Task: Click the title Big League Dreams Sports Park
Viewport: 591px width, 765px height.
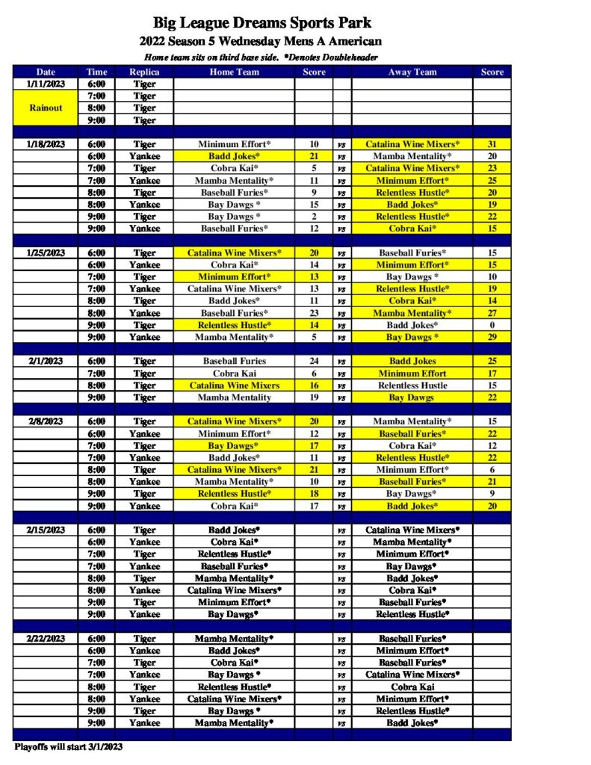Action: pyautogui.click(x=262, y=24)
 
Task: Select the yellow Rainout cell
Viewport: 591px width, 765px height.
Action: pyautogui.click(x=45, y=108)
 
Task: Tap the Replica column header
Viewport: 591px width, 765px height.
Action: pyautogui.click(x=144, y=72)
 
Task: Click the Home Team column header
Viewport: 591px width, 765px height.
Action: pyautogui.click(x=234, y=72)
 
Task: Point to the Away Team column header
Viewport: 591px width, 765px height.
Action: pyautogui.click(x=412, y=72)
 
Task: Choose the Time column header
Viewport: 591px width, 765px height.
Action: pyautogui.click(x=96, y=72)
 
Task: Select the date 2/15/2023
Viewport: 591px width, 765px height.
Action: pyautogui.click(x=45, y=530)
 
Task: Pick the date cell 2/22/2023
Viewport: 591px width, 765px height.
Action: pyautogui.click(x=45, y=639)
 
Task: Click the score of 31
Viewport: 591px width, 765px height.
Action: pyautogui.click(x=492, y=144)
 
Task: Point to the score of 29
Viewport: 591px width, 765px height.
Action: pyautogui.click(x=492, y=337)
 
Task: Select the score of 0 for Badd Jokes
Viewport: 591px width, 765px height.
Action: pyautogui.click(x=492, y=325)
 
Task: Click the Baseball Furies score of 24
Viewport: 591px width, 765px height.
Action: pyautogui.click(x=314, y=362)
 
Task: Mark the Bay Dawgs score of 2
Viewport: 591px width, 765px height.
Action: pyautogui.click(x=314, y=217)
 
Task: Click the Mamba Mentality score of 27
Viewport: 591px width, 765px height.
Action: pyautogui.click(x=492, y=313)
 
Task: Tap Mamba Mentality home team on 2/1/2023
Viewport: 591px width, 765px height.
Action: pyautogui.click(x=234, y=397)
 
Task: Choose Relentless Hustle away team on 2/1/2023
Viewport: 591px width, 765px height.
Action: pyautogui.click(x=412, y=385)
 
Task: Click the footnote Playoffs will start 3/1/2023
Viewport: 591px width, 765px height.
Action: pyautogui.click(x=68, y=746)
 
